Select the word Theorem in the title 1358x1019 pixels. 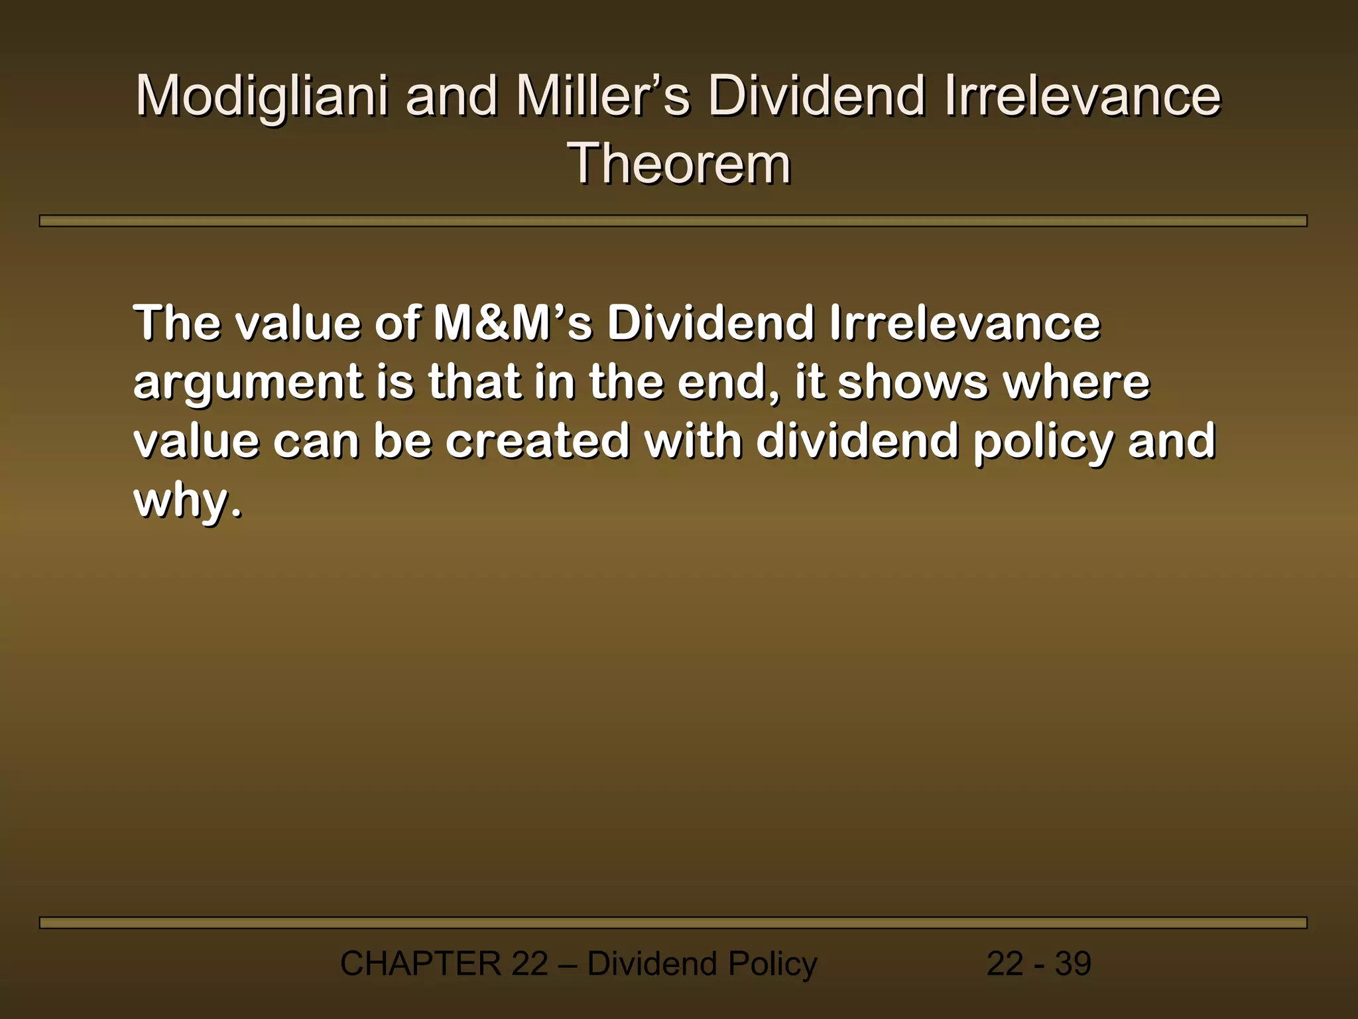[x=679, y=164]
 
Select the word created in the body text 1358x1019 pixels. [x=537, y=441]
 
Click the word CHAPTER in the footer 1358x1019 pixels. [x=420, y=963]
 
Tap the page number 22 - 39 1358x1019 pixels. [x=1038, y=963]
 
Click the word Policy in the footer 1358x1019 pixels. [x=772, y=963]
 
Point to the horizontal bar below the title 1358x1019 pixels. [x=672, y=221]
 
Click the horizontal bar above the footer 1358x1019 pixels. [x=672, y=923]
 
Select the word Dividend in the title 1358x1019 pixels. [x=816, y=96]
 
